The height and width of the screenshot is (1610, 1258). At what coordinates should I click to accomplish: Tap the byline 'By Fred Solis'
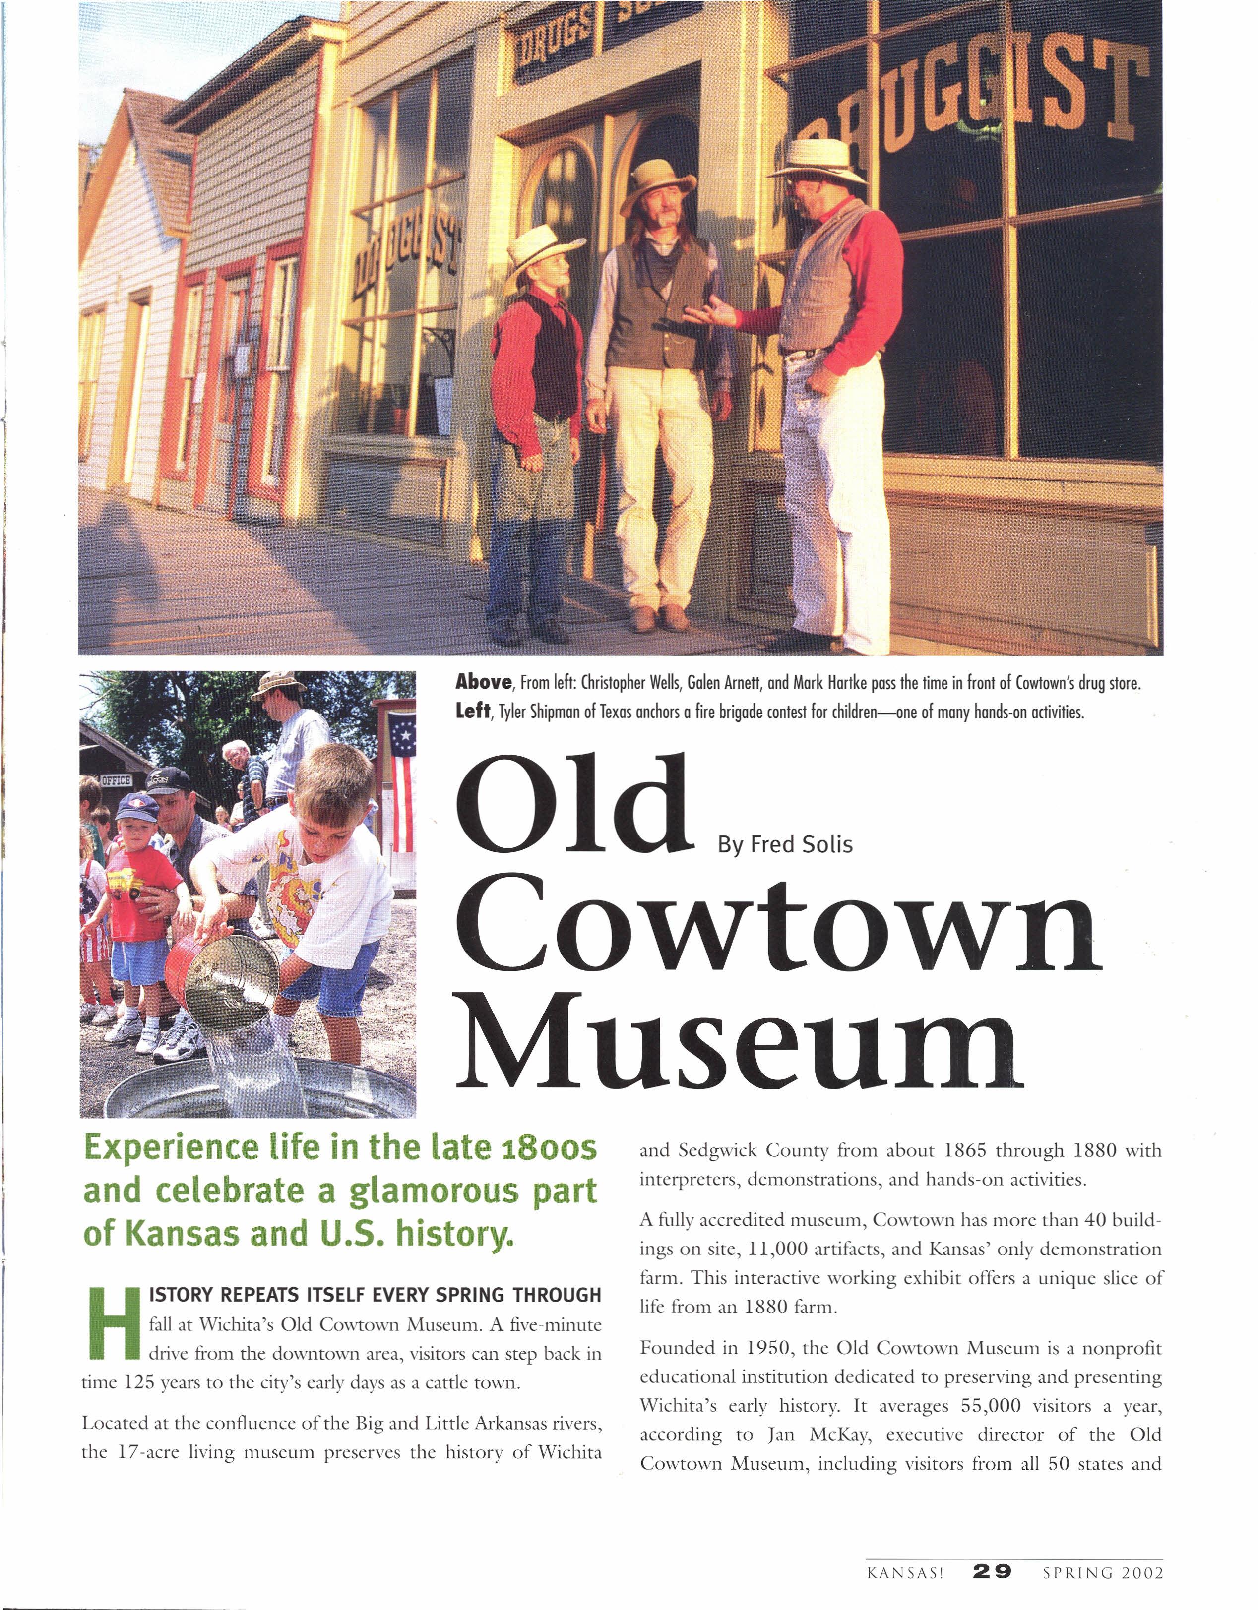(785, 845)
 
